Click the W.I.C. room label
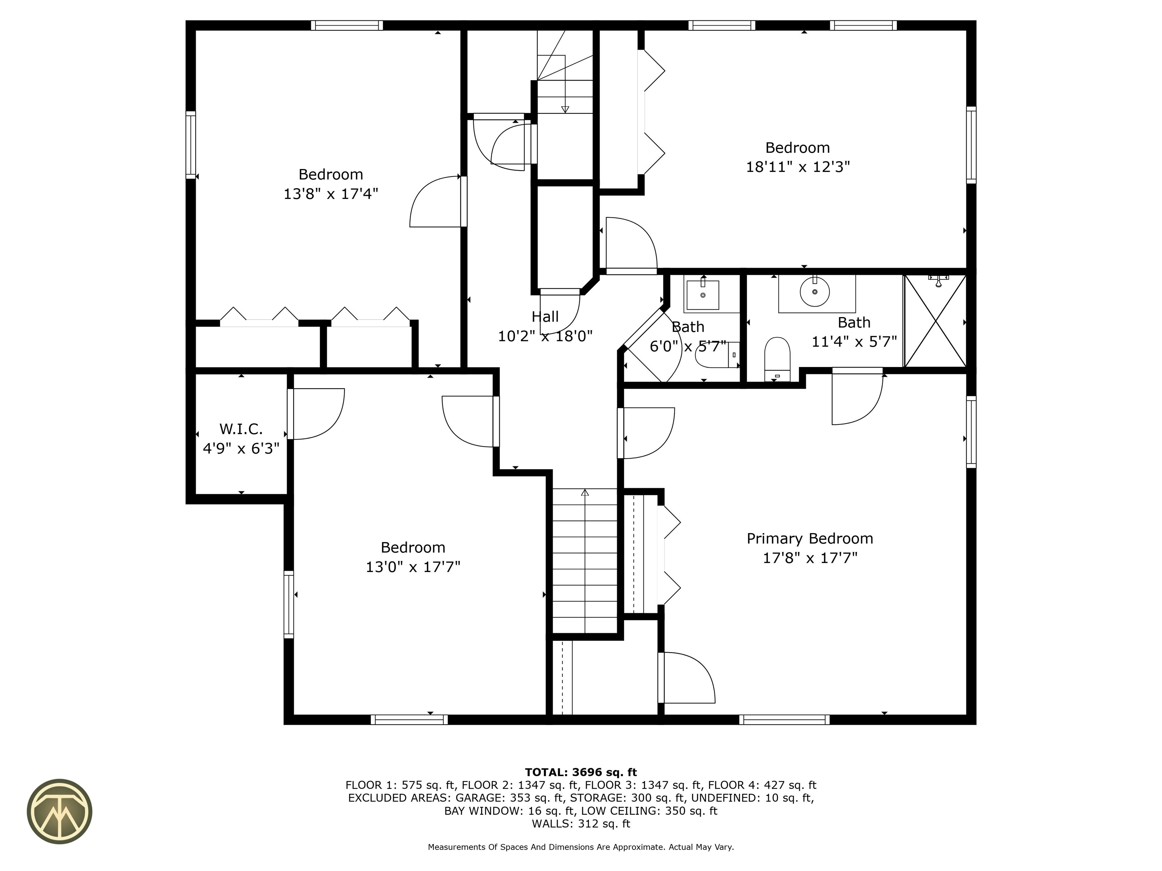tap(241, 429)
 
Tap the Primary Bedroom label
tap(809, 539)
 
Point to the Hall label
tap(545, 316)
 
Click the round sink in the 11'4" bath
tap(814, 291)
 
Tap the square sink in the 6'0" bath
tap(702, 295)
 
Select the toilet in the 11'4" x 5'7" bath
tap(777, 358)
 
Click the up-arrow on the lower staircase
tap(585, 493)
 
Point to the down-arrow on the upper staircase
tap(565, 108)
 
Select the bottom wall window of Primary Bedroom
tap(784, 719)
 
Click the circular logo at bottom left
tap(59, 811)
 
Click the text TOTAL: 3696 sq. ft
tap(581, 772)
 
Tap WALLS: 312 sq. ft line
tap(581, 824)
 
